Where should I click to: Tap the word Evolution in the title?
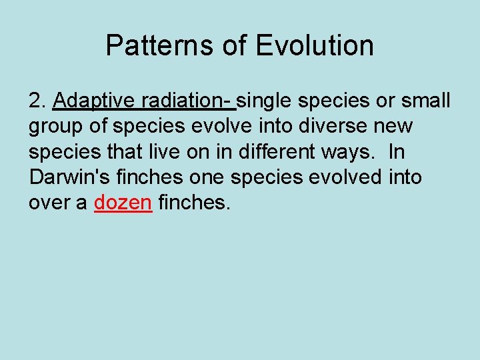click(315, 45)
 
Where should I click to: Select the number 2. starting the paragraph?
click(37, 101)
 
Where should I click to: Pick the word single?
click(265, 101)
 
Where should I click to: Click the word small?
click(427, 101)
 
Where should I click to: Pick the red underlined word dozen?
click(123, 203)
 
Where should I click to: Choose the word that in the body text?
click(125, 151)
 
